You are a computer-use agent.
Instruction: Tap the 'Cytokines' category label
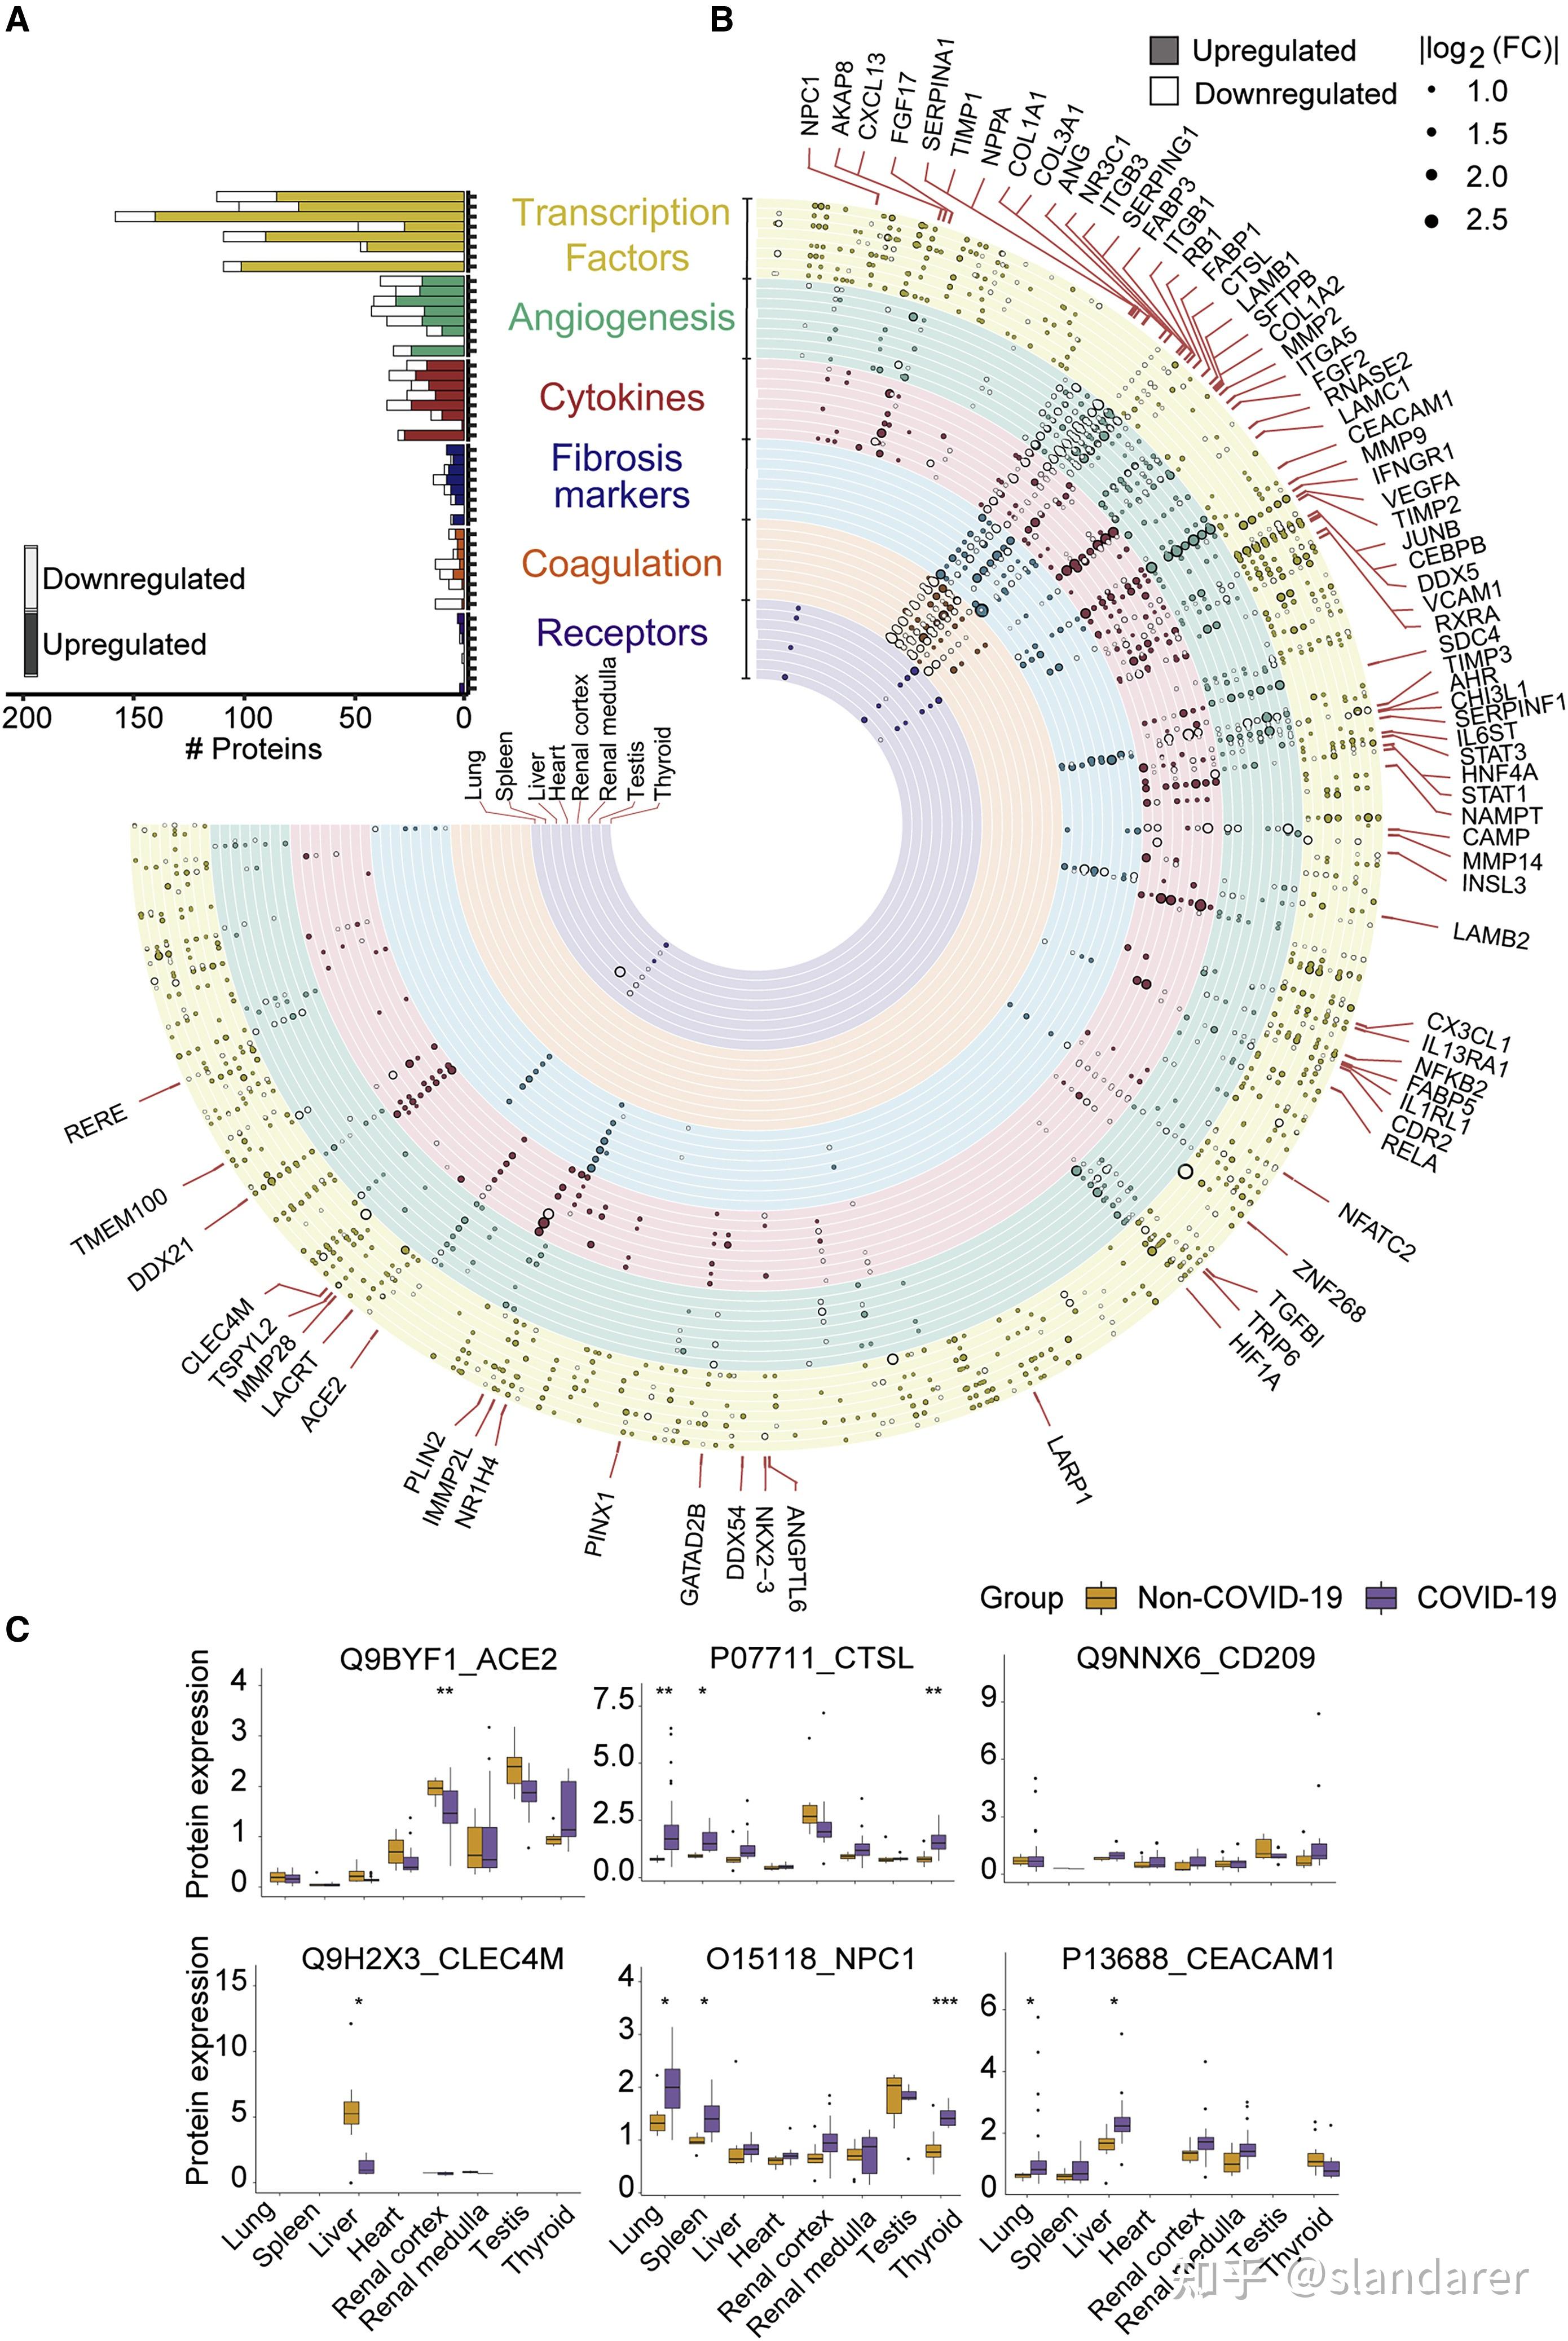pos(622,398)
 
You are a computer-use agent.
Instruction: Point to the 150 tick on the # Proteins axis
pos(138,718)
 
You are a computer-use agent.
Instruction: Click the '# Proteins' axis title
pos(254,750)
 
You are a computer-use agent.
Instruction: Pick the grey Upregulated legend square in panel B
pos(1164,50)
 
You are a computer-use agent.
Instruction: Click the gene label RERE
pos(96,1123)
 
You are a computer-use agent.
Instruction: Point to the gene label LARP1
pos(1068,1469)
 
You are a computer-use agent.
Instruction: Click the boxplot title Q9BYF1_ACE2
pos(448,1659)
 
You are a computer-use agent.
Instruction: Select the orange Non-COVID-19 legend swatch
pos(1101,1597)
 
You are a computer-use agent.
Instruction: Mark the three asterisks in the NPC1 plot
pos(944,2002)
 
